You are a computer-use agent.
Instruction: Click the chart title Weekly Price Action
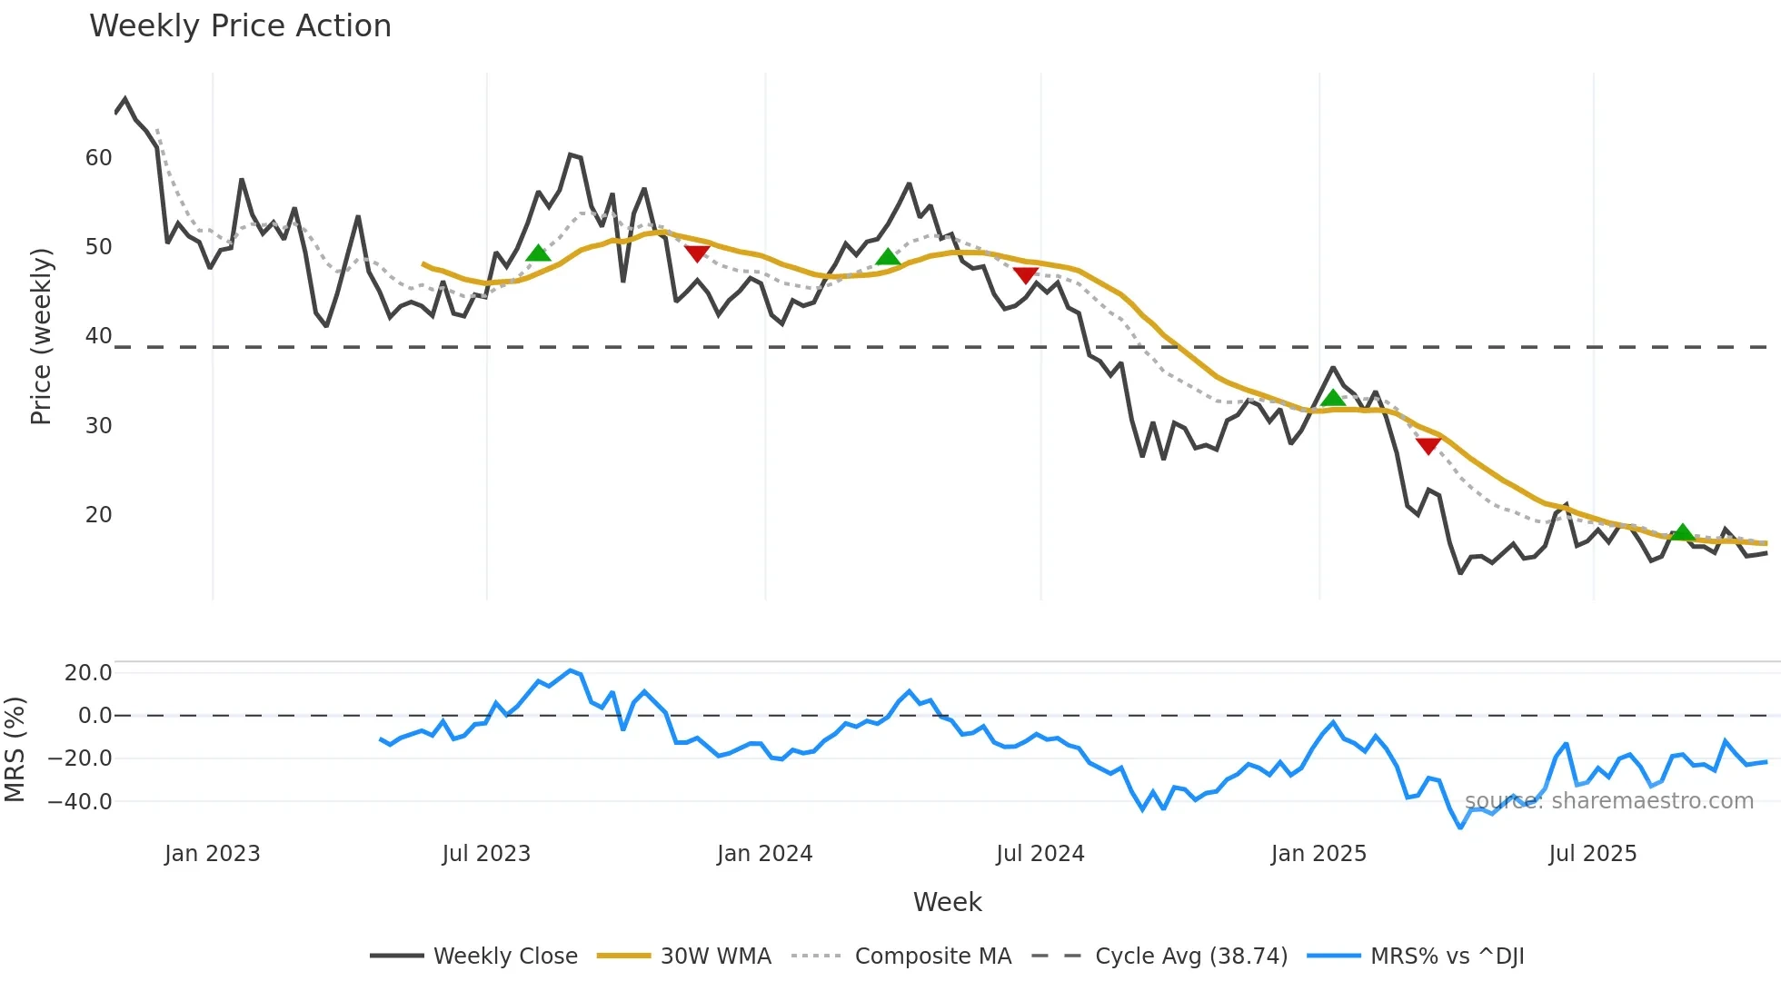[240, 26]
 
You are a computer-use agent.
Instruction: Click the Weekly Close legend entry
[504, 956]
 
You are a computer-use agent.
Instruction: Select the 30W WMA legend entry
[715, 956]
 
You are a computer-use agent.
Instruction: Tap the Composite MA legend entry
[932, 956]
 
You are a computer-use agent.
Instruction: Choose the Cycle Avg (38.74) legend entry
[1190, 956]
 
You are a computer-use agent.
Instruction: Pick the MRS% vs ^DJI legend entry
[1447, 956]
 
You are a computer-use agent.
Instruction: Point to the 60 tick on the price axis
[98, 158]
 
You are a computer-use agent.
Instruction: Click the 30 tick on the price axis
[98, 426]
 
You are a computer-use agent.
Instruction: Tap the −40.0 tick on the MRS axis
[81, 802]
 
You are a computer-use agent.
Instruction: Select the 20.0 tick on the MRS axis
[88, 673]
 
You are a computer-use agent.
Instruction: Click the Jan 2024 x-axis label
[764, 854]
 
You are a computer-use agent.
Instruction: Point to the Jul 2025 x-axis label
[1592, 854]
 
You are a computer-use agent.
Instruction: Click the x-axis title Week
[947, 902]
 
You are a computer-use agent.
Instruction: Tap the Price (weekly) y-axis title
[41, 336]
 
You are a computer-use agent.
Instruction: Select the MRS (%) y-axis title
[15, 749]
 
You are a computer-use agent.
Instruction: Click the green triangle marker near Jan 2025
[1332, 398]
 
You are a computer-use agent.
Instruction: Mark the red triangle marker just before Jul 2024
[1025, 274]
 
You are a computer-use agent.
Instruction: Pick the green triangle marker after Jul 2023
[538, 253]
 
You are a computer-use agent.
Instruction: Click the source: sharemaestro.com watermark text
[1608, 801]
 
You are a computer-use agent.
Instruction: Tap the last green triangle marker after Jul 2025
[1682, 532]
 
